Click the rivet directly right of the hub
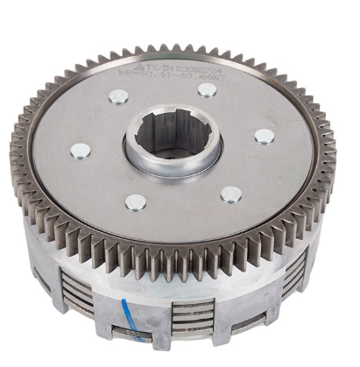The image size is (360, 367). tap(264, 135)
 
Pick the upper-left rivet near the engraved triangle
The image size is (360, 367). tap(118, 96)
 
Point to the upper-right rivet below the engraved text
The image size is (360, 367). tap(207, 88)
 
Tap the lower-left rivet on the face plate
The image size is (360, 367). tap(135, 202)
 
